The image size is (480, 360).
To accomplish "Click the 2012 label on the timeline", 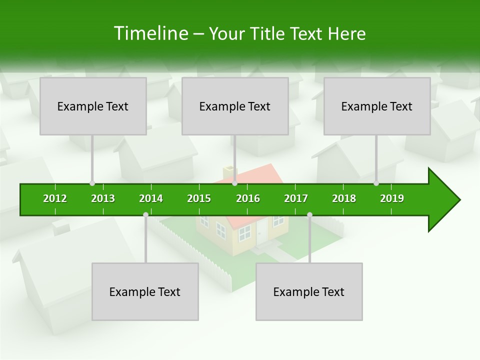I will pyautogui.click(x=55, y=198).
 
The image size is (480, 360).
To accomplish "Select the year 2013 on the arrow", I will pyautogui.click(x=103, y=198).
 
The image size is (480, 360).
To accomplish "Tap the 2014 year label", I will pyautogui.click(x=151, y=198).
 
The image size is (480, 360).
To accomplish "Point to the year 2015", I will pyautogui.click(x=199, y=198).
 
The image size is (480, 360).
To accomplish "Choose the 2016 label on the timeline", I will pyautogui.click(x=248, y=198).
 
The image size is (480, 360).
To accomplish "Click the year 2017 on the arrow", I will pyautogui.click(x=296, y=198).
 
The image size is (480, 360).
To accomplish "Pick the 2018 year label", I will pyautogui.click(x=344, y=198).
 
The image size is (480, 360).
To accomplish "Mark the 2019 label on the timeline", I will pyautogui.click(x=392, y=198).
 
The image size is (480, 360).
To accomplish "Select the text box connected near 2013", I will pyautogui.click(x=93, y=106).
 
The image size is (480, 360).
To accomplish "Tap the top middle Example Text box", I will pyautogui.click(x=235, y=106).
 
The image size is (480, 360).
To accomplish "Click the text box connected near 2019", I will pyautogui.click(x=377, y=106).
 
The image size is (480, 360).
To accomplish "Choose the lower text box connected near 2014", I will pyautogui.click(x=145, y=291).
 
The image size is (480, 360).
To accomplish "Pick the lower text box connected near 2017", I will pyautogui.click(x=309, y=291).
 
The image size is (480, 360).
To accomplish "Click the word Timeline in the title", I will pyautogui.click(x=151, y=33).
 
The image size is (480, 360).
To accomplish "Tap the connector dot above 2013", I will pyautogui.click(x=92, y=183).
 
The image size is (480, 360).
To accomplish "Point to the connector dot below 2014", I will pyautogui.click(x=145, y=215).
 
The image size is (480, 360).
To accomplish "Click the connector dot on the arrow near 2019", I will pyautogui.click(x=376, y=183).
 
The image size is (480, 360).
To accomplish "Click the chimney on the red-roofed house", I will pyautogui.click(x=229, y=171).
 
